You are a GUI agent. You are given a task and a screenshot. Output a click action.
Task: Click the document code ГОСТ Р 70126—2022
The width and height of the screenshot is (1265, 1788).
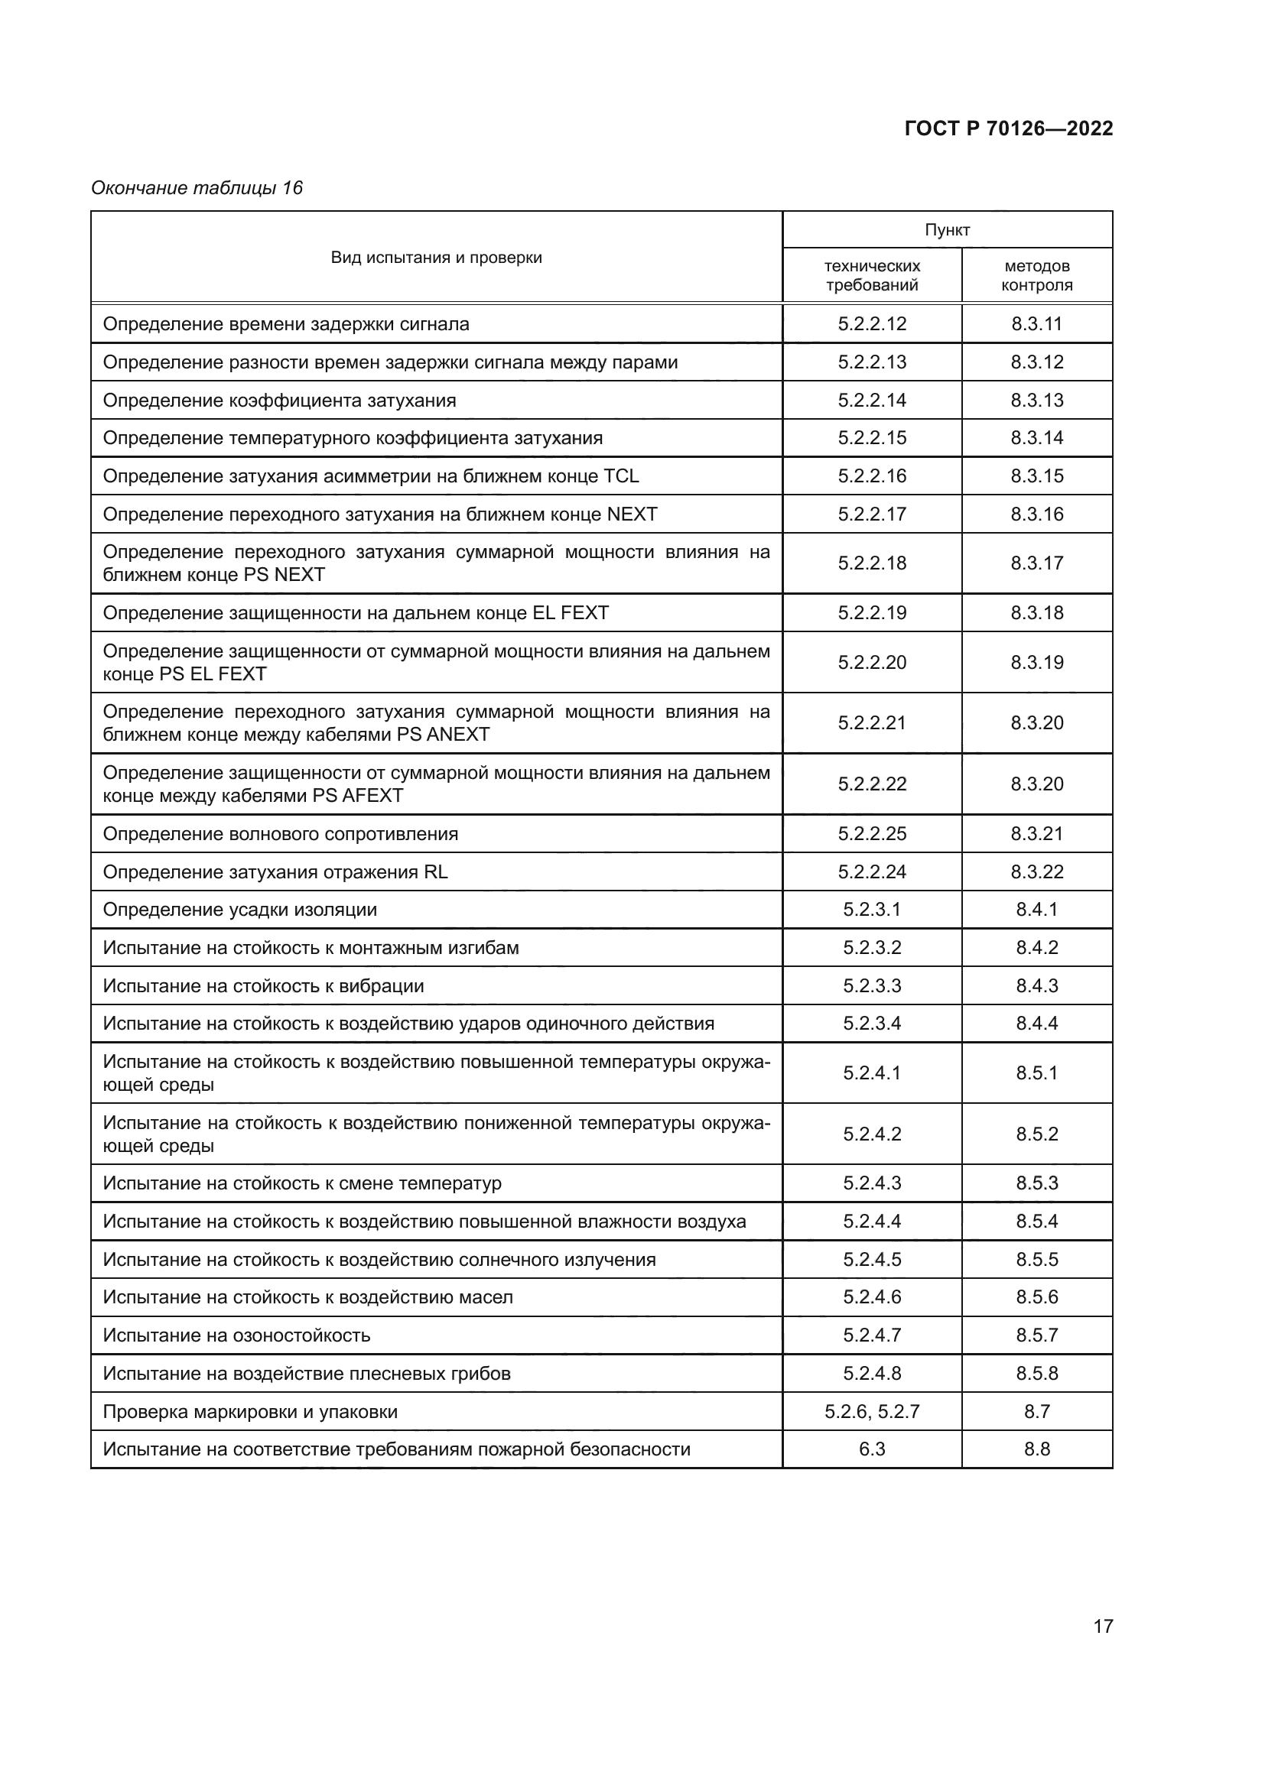1008,128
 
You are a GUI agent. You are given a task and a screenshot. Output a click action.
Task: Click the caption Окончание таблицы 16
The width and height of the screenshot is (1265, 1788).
197,188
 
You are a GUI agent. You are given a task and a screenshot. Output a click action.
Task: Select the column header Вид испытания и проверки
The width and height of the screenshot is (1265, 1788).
436,258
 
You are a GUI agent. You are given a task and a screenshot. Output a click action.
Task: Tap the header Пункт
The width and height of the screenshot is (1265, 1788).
947,230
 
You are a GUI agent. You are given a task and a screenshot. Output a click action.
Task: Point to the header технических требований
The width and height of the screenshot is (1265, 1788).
872,276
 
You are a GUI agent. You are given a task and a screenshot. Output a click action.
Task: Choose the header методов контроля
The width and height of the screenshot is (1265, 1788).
1037,276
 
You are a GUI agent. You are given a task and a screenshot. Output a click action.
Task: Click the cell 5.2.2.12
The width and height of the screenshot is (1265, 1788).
872,324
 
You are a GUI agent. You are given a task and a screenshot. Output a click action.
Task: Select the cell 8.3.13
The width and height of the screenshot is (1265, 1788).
1037,401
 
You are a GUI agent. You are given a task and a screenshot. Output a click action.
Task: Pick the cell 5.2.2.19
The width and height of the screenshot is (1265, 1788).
872,613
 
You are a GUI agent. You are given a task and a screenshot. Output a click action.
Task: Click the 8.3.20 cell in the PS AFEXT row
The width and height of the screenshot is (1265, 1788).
1037,784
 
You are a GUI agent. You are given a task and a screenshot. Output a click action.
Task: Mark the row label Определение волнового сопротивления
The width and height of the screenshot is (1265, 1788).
281,834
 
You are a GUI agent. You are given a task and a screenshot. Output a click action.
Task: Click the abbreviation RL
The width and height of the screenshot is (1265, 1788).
435,871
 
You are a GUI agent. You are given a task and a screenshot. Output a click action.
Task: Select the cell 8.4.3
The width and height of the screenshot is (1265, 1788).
1037,986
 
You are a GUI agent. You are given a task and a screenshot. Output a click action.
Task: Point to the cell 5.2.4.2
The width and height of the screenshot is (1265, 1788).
872,1134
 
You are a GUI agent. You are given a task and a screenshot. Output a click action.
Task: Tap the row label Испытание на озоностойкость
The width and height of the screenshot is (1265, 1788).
237,1335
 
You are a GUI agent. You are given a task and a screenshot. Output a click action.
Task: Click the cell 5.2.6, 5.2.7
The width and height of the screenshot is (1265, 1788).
872,1412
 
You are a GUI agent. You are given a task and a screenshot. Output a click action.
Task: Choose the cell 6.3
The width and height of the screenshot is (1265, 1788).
872,1449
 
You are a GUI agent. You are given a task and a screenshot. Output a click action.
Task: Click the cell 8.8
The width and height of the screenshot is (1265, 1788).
1037,1449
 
